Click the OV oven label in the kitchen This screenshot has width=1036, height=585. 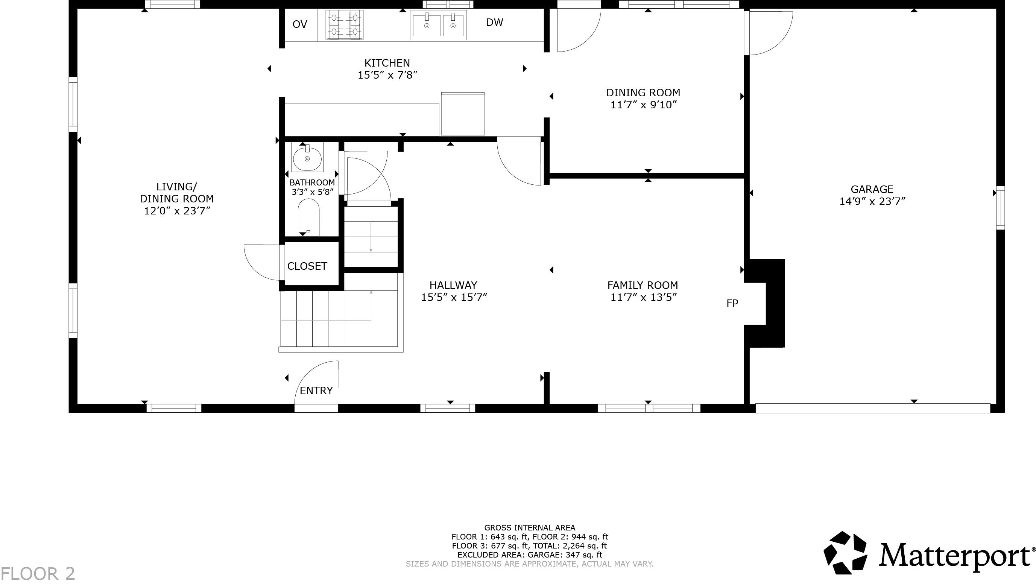point(299,24)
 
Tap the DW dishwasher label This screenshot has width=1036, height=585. point(494,23)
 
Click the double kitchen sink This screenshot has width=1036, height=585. point(438,25)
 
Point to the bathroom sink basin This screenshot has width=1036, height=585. point(307,159)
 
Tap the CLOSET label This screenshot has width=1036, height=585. point(307,266)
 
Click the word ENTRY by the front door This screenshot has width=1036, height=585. point(316,391)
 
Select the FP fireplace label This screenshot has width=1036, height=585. point(732,303)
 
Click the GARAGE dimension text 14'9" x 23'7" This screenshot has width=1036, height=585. point(872,201)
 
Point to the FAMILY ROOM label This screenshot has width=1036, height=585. point(642,285)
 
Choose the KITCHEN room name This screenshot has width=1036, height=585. point(387,63)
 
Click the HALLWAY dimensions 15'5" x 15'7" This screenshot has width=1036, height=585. point(454,297)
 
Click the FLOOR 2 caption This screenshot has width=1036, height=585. point(38,574)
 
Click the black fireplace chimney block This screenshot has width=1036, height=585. point(775,303)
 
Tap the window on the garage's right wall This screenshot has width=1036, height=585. point(1000,208)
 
